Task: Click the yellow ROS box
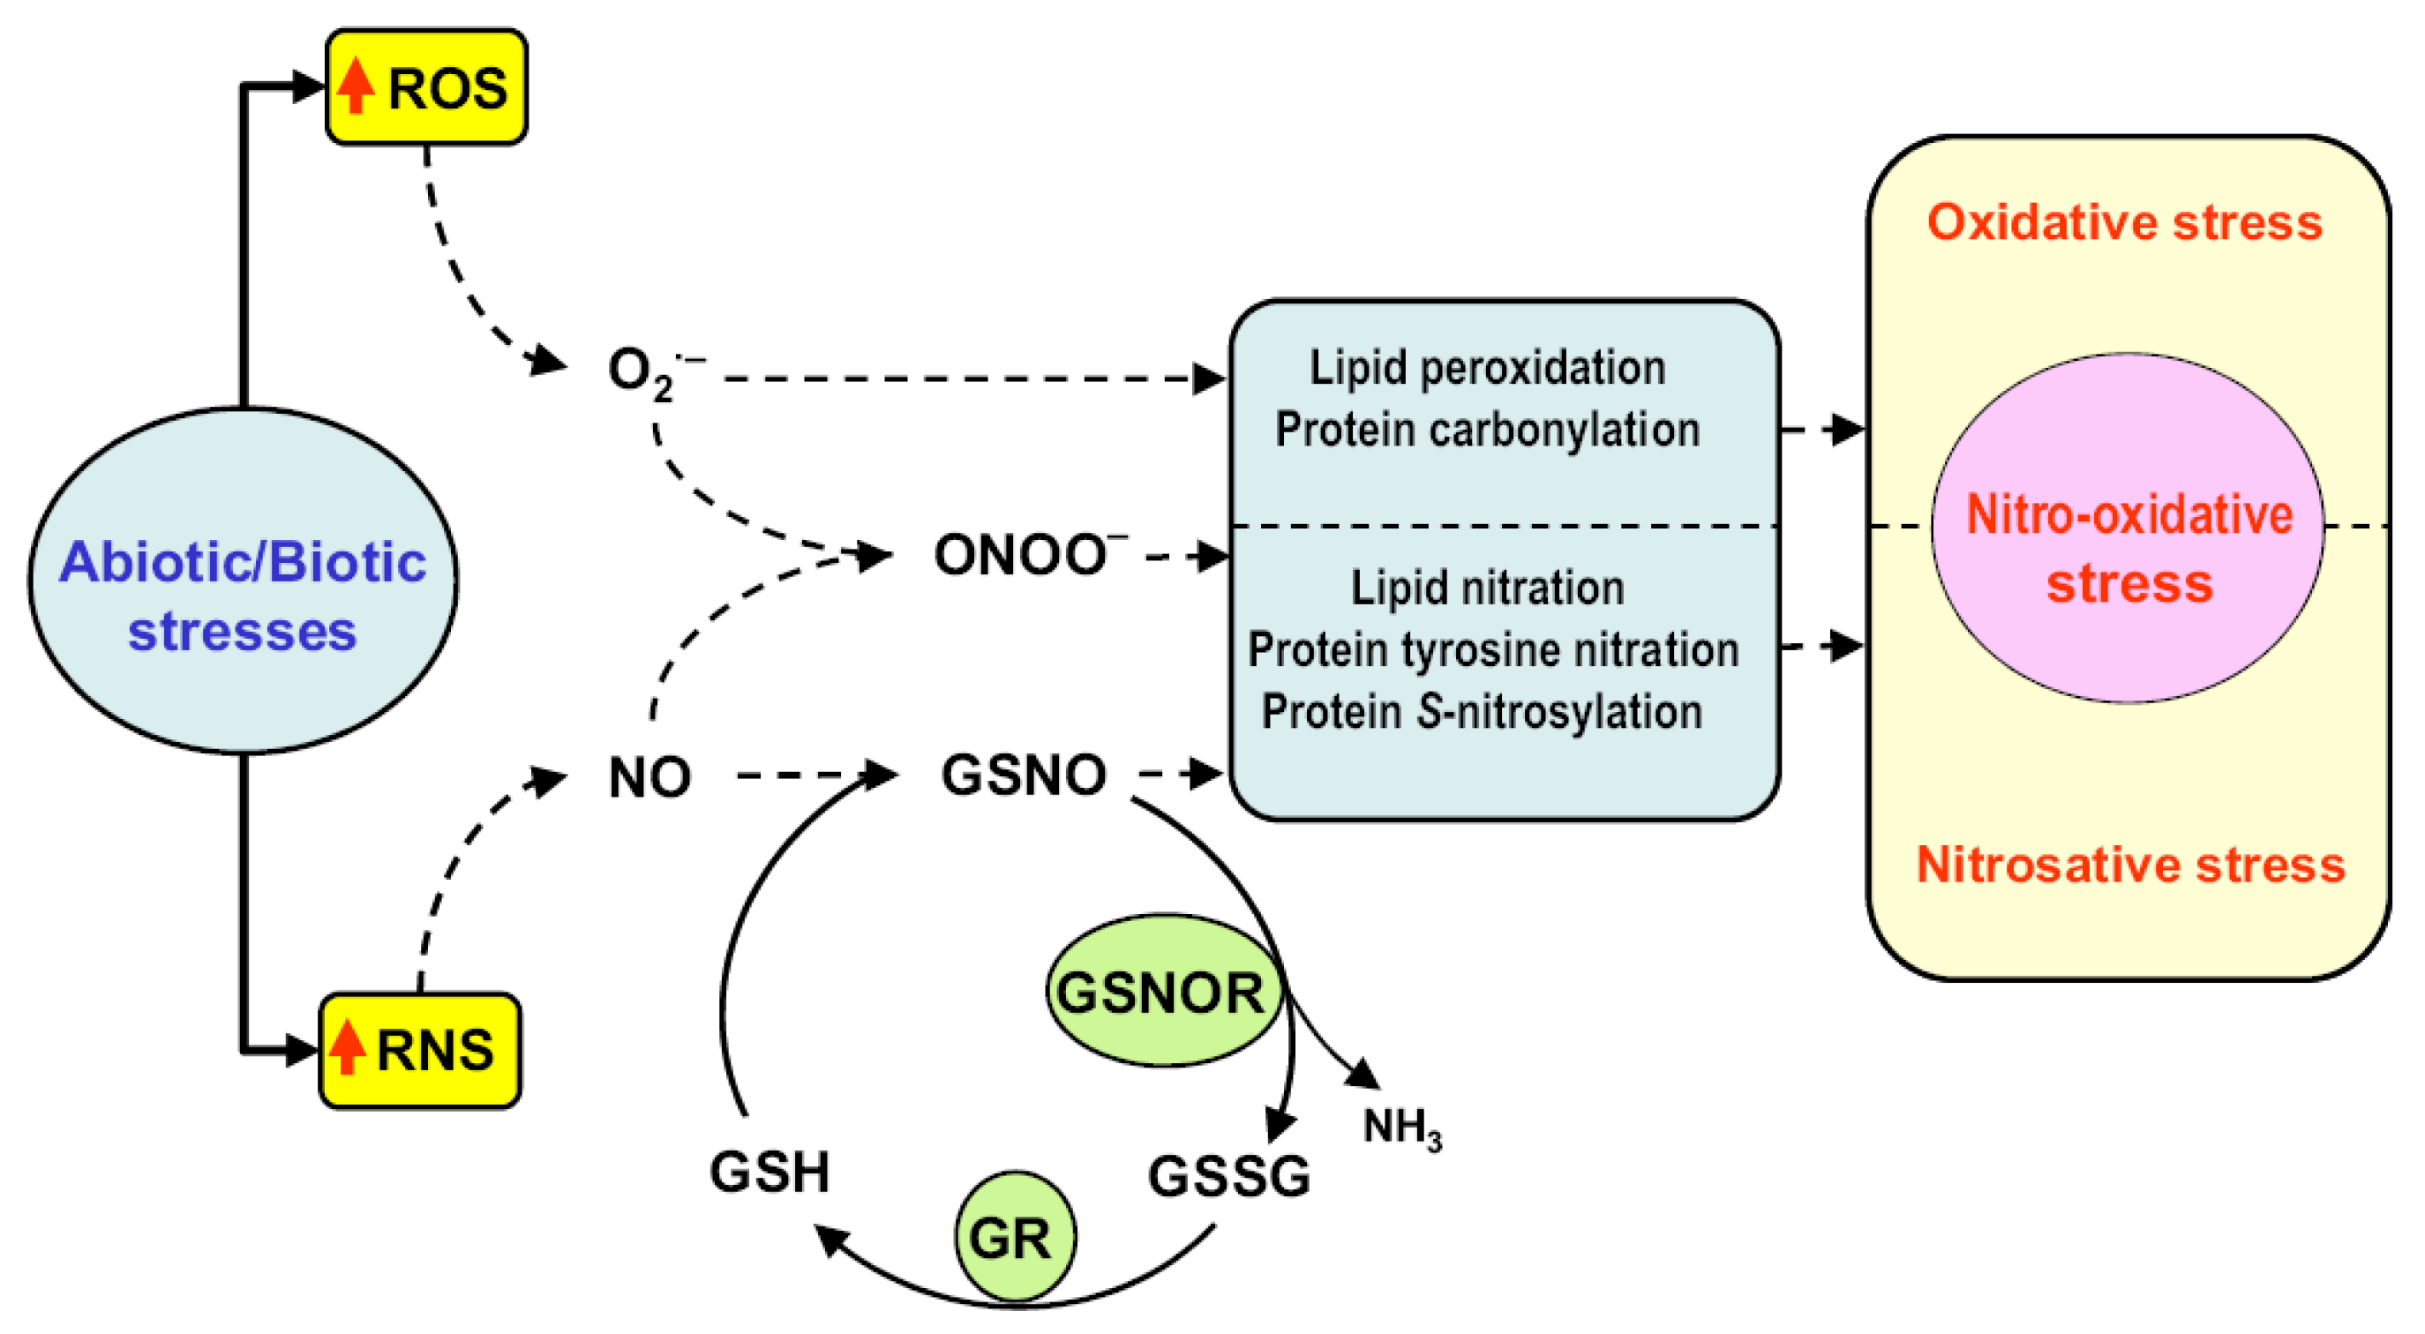tap(426, 86)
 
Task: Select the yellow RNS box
tap(421, 1050)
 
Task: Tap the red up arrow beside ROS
tap(356, 85)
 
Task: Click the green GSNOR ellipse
tap(1164, 992)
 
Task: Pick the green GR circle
tap(1015, 1237)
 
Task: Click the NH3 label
tap(1400, 1127)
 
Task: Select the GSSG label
tap(1228, 1176)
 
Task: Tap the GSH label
tap(770, 1172)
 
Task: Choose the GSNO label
tap(1024, 775)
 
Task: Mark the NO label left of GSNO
tap(649, 777)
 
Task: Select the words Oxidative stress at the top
tap(2125, 223)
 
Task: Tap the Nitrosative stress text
tap(2130, 865)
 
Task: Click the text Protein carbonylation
tap(1487, 431)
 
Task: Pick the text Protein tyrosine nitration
tap(1493, 649)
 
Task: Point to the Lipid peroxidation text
tap(1487, 367)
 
